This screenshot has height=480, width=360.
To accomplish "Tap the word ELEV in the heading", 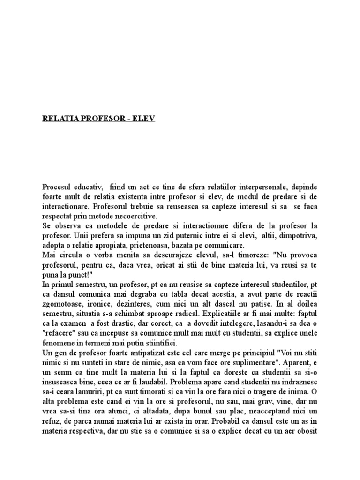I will tap(144, 119).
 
